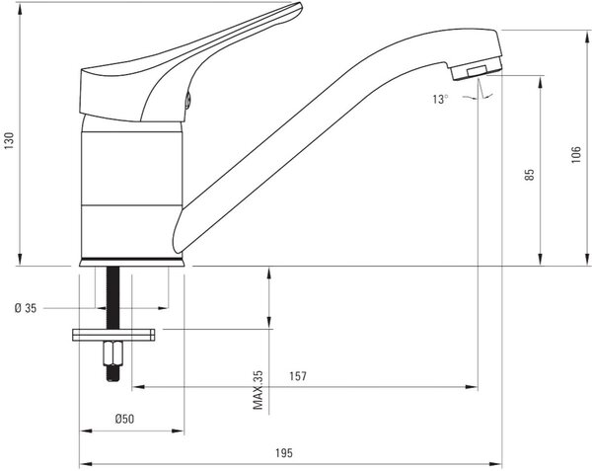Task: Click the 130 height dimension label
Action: click(x=9, y=140)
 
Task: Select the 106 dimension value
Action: click(x=576, y=154)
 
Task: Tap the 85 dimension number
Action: click(x=530, y=174)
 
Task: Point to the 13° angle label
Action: click(x=441, y=100)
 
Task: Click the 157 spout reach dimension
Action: click(x=298, y=376)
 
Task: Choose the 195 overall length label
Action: click(x=284, y=452)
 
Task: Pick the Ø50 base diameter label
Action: click(x=124, y=419)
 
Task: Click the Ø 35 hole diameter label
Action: click(x=26, y=308)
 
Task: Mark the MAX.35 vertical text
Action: click(x=258, y=390)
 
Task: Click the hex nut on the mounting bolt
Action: click(x=112, y=353)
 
